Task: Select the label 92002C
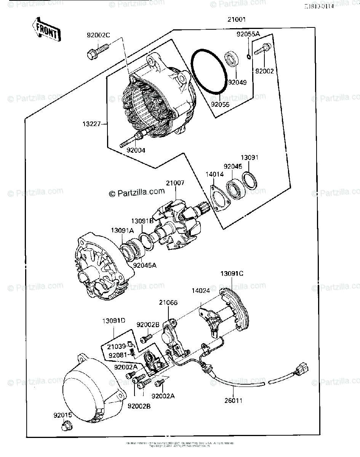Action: pos(98,35)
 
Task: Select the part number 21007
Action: pos(175,183)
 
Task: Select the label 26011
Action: pos(233,400)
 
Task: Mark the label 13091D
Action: pos(113,321)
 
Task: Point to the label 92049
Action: pos(237,81)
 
